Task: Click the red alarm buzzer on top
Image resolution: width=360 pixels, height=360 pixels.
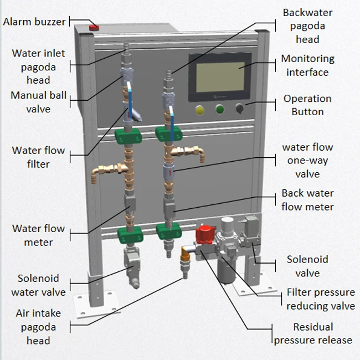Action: point(94,26)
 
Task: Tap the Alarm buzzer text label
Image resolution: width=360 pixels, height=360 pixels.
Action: point(34,22)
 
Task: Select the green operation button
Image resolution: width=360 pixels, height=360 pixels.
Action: point(220,109)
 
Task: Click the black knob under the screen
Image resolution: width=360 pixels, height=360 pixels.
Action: point(240,109)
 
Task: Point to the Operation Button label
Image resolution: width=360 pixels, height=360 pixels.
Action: point(307,105)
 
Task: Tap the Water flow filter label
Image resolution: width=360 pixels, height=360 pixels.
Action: point(38,157)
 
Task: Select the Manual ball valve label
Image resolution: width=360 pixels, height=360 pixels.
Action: point(38,102)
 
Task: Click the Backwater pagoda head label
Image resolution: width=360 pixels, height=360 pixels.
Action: point(307,25)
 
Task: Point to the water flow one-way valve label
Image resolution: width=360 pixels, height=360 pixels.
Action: point(307,160)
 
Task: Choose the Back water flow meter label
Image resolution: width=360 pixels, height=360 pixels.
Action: point(307,200)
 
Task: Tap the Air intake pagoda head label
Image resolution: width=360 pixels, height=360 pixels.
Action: point(38,327)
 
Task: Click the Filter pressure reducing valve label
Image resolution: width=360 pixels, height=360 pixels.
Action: point(321,299)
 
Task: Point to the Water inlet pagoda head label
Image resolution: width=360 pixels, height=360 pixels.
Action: point(38,67)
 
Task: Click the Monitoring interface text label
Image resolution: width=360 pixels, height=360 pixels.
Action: point(307,65)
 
